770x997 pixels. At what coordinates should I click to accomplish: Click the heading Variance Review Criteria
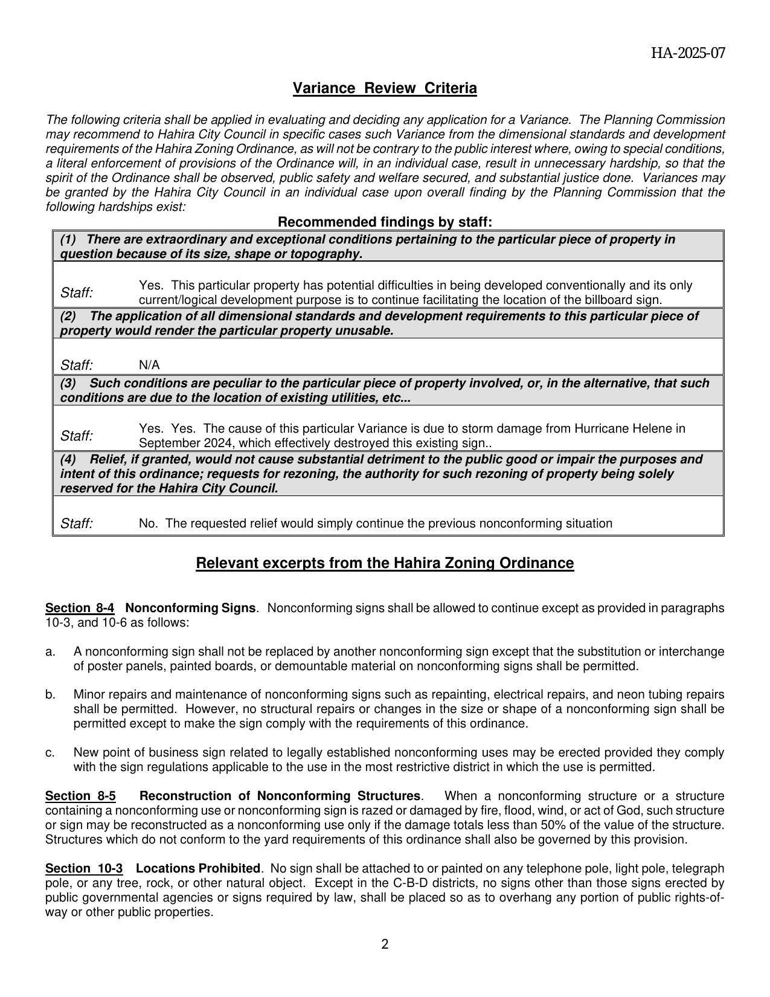(385, 88)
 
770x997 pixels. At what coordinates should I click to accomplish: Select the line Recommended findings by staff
(385, 222)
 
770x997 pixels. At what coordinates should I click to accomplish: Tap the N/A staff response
(149, 365)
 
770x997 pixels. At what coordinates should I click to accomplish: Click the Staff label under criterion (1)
(77, 293)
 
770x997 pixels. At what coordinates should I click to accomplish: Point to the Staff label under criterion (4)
(77, 523)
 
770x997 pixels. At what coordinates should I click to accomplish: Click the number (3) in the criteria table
(68, 383)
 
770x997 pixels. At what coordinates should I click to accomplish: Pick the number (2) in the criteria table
(68, 316)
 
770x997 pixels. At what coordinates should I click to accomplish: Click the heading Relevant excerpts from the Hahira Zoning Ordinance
(385, 563)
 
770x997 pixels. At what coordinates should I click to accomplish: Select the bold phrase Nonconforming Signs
(190, 608)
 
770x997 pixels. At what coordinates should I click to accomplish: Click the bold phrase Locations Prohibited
(197, 868)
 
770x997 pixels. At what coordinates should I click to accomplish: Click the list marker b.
(50, 694)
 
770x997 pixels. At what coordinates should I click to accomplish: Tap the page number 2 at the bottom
(385, 944)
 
